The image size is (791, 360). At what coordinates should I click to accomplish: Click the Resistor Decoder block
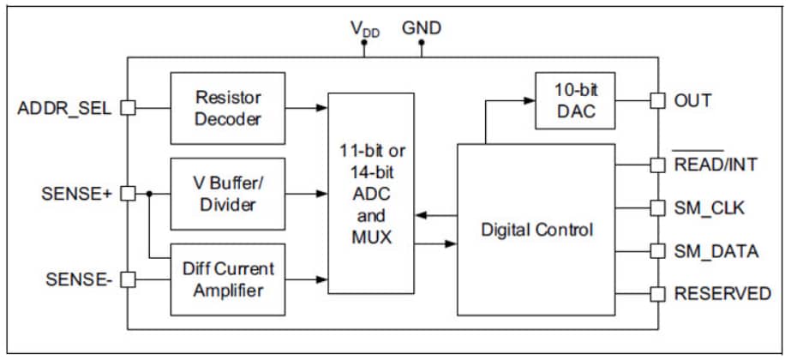228,109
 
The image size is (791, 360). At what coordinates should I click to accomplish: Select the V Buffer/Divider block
228,194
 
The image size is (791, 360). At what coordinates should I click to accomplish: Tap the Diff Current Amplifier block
228,279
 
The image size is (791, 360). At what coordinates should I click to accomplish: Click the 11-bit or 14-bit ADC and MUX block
371,195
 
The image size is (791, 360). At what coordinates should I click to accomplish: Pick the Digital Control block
536,230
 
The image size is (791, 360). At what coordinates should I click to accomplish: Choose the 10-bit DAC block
573,100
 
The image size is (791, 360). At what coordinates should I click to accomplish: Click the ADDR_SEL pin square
128,108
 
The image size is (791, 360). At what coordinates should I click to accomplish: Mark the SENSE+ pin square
128,194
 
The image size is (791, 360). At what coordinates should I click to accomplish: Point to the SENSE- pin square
128,279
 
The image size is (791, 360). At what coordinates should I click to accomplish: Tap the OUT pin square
657,100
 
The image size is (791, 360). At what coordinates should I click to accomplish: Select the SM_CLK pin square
657,208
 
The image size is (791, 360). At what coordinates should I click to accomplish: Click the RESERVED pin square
657,294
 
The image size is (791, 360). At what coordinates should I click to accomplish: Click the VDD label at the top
364,29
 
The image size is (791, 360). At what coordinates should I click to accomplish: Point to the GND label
422,28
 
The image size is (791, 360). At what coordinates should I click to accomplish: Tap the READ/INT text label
716,165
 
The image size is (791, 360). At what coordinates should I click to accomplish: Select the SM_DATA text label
716,251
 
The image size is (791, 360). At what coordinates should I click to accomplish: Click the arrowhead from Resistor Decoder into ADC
321,108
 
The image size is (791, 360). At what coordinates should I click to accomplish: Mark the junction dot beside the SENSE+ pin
149,194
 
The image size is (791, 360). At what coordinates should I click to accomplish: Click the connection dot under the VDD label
364,52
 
